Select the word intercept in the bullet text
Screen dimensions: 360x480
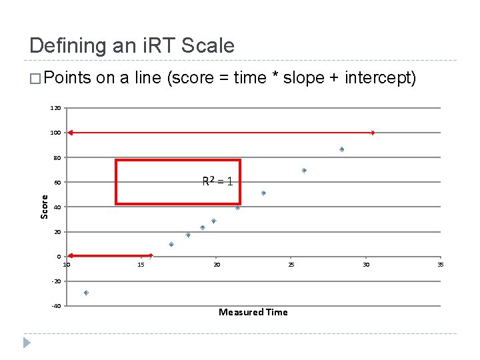(x=380, y=78)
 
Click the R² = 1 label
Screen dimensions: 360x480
(x=217, y=181)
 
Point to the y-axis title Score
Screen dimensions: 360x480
(x=45, y=206)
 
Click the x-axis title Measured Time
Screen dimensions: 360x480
(x=253, y=312)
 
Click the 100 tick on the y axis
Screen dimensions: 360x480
(x=55, y=133)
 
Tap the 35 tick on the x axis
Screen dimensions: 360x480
(x=440, y=265)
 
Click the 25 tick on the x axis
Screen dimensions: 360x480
(x=291, y=265)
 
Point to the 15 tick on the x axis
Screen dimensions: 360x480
(x=141, y=265)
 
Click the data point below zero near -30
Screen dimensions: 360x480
(x=86, y=293)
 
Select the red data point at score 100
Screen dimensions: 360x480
(x=373, y=133)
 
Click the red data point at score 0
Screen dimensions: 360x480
(x=151, y=255)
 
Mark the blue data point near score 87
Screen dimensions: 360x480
(x=341, y=149)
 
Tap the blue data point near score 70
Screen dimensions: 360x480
(x=304, y=171)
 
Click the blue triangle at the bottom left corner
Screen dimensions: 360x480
(x=27, y=343)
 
